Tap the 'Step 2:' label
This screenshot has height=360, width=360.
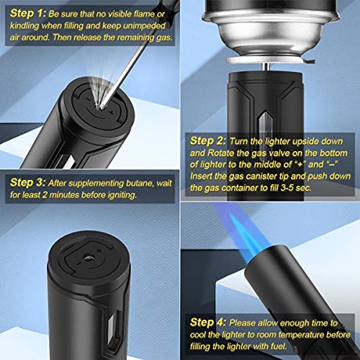tap(207, 141)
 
